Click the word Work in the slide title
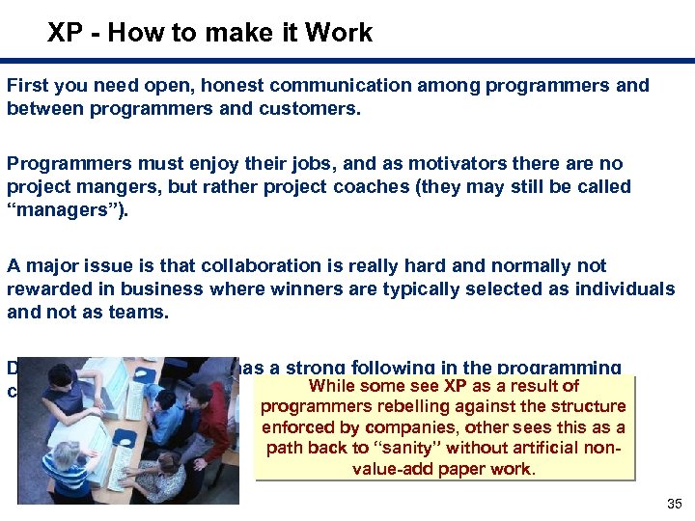click(342, 33)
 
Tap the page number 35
click(674, 505)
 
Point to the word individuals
click(627, 288)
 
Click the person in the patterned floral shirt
click(160, 475)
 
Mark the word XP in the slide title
click(65, 33)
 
